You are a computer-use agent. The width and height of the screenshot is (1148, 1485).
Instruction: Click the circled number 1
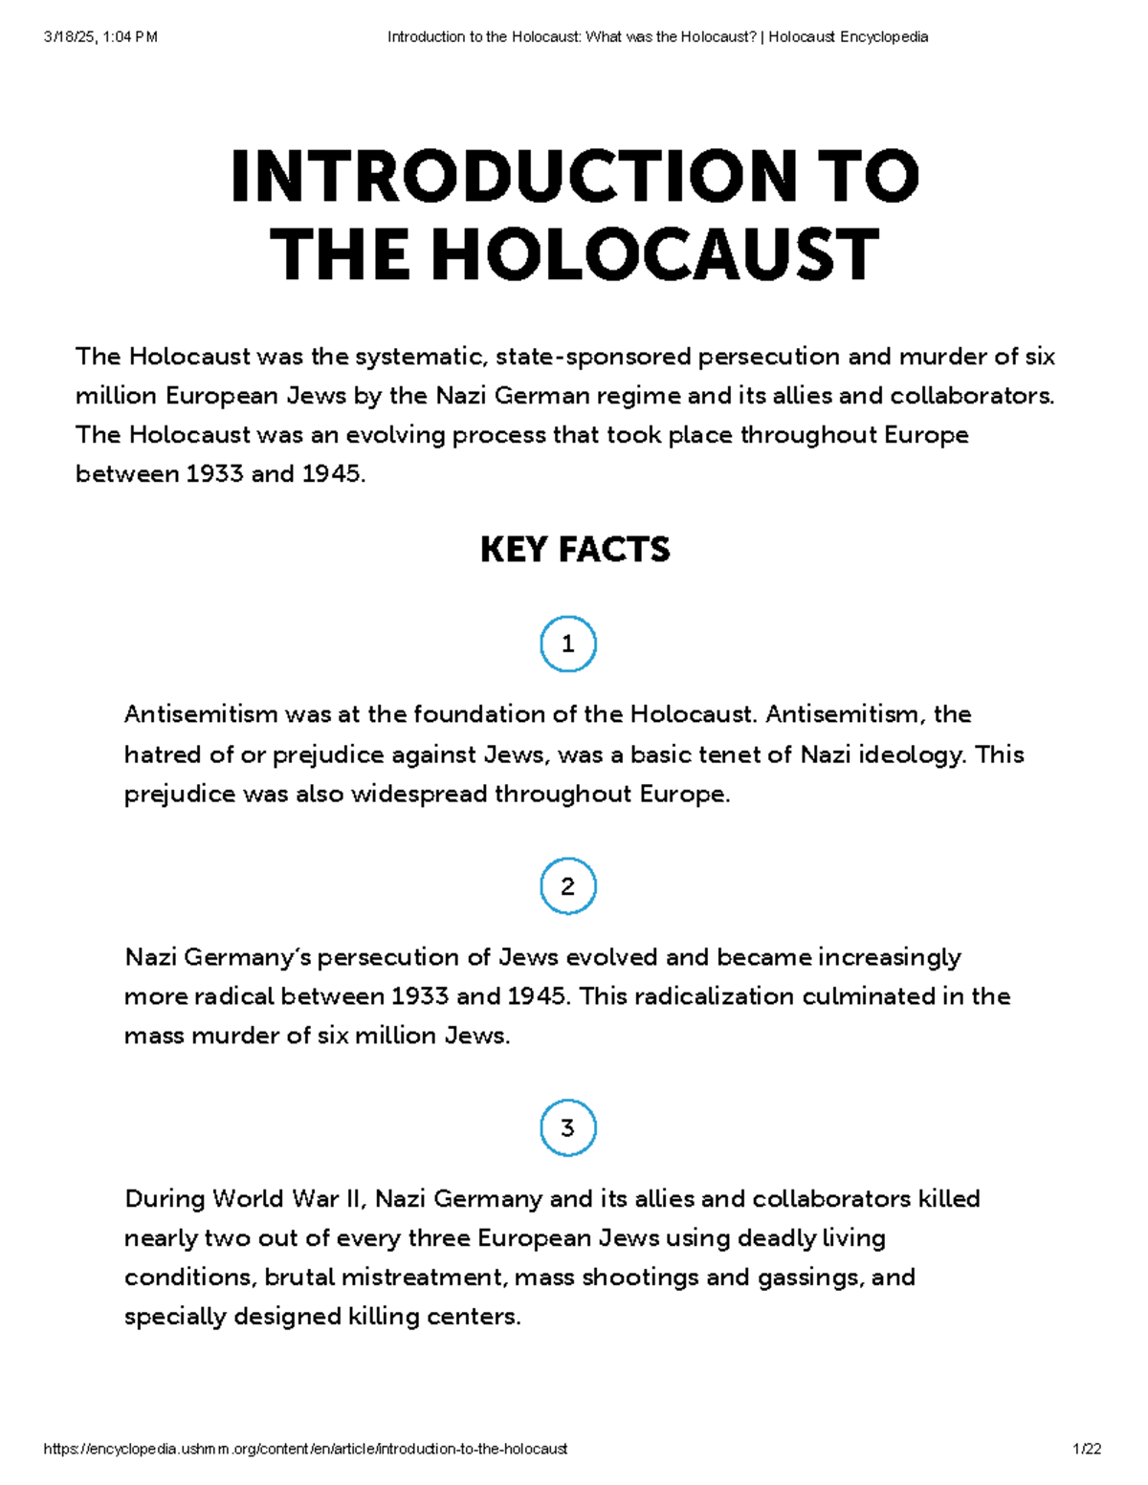click(567, 644)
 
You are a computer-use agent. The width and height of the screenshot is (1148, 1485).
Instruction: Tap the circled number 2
click(567, 886)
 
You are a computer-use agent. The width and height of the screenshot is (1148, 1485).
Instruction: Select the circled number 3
click(567, 1128)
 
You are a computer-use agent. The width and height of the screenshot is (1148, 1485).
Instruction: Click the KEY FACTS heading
click(574, 550)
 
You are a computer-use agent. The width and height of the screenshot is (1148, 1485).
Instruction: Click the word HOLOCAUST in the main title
click(653, 255)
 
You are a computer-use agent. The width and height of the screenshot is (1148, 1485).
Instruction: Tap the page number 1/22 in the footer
click(1087, 1449)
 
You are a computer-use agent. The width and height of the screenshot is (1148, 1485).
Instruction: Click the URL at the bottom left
click(305, 1449)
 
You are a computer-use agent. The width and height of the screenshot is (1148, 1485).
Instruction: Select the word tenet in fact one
click(730, 754)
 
